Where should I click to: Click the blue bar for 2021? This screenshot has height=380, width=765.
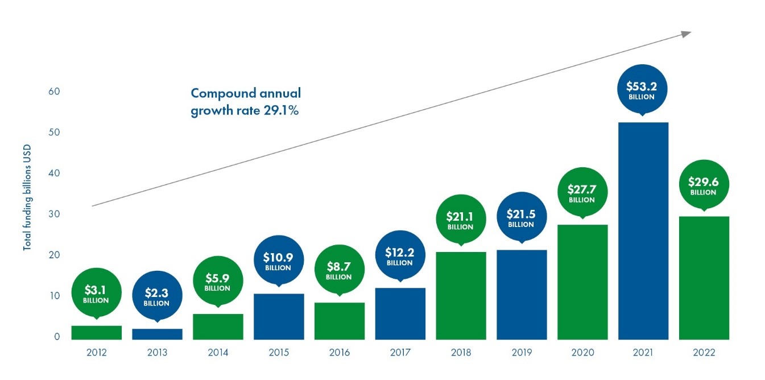point(643,230)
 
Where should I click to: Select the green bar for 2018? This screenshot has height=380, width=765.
point(461,295)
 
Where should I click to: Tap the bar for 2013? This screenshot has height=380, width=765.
point(157,334)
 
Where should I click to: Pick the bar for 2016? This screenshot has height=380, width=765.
point(339,321)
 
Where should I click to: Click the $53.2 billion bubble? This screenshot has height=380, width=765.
point(642,90)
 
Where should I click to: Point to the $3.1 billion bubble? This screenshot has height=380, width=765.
point(96,292)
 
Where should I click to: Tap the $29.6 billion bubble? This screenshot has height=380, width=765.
point(703,185)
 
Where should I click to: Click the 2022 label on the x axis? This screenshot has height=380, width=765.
point(704,353)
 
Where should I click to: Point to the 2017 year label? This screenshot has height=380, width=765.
point(400,353)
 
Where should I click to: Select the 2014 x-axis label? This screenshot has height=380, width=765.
point(218,353)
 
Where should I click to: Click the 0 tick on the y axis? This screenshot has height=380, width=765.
point(57,337)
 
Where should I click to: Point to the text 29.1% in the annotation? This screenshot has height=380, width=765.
point(280,110)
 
